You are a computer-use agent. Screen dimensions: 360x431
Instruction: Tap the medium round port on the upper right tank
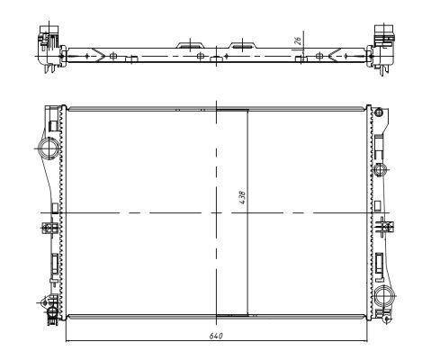pyautogui.click(x=380, y=168)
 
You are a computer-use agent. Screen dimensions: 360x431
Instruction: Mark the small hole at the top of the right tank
pyautogui.click(x=379, y=113)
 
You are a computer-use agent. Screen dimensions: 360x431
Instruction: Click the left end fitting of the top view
pyautogui.click(x=48, y=44)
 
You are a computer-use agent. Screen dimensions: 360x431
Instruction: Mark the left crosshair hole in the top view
pyautogui.click(x=114, y=56)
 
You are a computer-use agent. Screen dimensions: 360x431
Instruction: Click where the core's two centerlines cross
pyautogui.click(x=216, y=212)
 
